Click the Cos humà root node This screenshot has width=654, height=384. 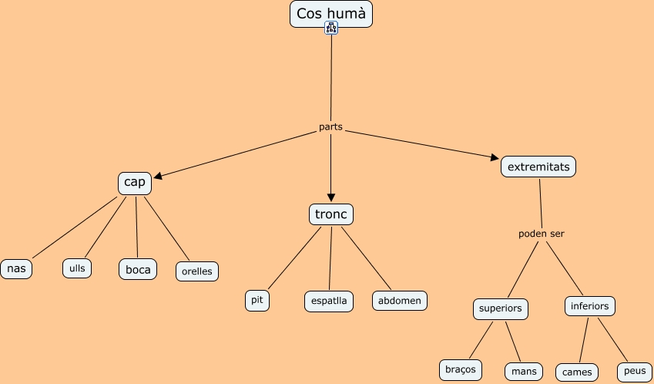(330, 13)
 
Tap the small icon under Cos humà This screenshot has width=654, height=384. (331, 29)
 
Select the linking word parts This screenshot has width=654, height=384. (330, 126)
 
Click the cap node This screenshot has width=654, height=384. (135, 183)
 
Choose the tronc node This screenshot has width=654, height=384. (331, 214)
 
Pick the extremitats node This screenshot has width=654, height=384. (538, 166)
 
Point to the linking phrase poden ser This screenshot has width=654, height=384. (541, 234)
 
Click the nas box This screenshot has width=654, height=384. (16, 268)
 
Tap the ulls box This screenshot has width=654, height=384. (77, 268)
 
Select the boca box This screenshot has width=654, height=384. (138, 269)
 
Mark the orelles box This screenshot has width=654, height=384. (197, 271)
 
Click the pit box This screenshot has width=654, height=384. (257, 300)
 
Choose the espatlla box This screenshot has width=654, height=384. (329, 301)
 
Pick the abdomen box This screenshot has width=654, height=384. (400, 301)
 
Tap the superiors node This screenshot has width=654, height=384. (501, 308)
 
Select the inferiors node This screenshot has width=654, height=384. (590, 306)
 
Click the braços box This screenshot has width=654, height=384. (461, 369)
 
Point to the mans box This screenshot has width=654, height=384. (524, 371)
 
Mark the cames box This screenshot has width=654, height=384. (577, 372)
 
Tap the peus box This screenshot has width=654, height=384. (635, 371)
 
